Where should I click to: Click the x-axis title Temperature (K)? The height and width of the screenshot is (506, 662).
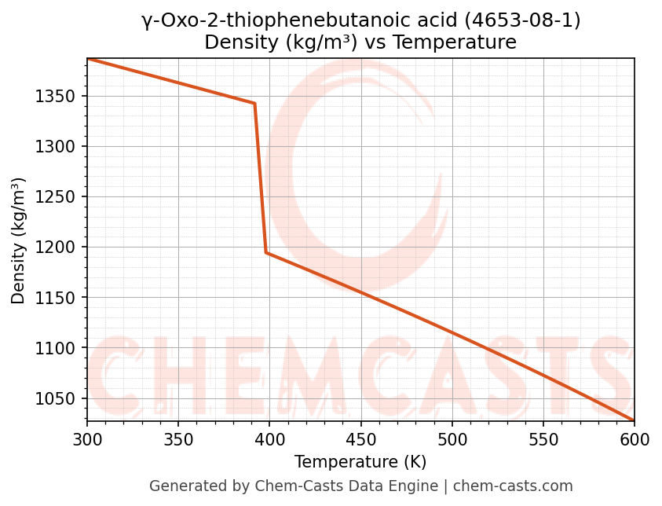point(360,462)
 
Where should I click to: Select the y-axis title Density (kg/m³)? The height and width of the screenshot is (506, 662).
point(19,241)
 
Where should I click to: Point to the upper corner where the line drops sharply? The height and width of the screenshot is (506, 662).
point(254,103)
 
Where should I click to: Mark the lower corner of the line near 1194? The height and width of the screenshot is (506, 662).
point(266,252)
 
